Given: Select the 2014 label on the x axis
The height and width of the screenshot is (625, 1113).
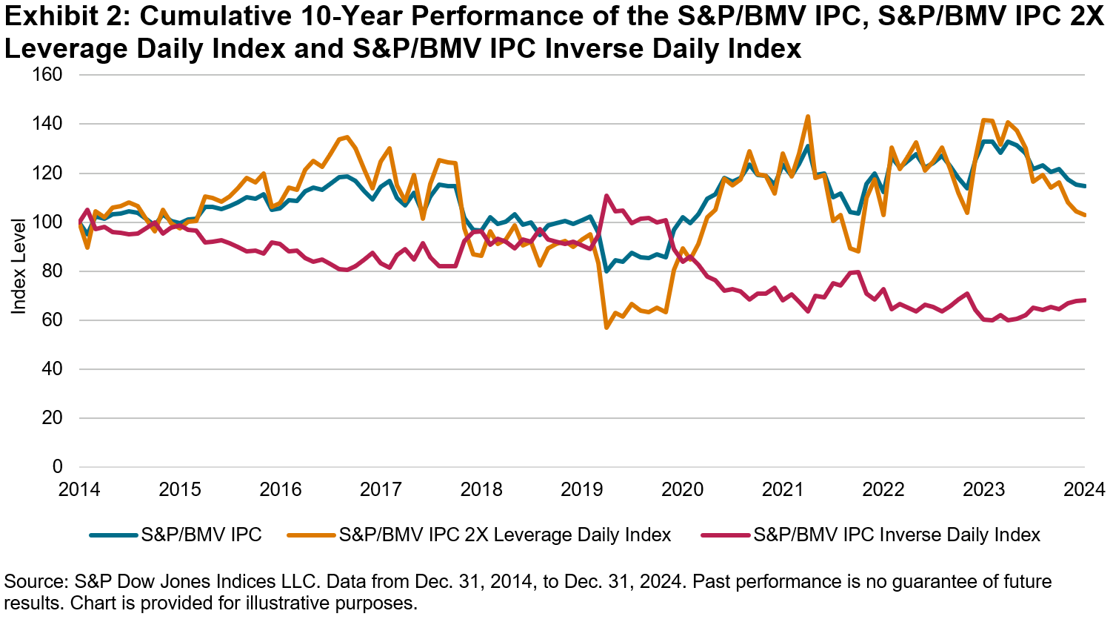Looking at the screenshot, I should tap(80, 490).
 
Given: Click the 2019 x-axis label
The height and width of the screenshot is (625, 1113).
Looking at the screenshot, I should tap(582, 490).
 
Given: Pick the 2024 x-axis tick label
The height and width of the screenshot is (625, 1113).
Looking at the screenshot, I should tap(1084, 490).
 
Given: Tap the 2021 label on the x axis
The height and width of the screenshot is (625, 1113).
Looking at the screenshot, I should tap(783, 490).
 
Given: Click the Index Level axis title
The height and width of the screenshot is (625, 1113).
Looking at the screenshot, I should tap(19, 265).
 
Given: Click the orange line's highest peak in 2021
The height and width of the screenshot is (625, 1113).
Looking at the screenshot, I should tap(808, 116).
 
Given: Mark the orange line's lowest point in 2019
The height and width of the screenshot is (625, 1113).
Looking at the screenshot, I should tap(606, 327).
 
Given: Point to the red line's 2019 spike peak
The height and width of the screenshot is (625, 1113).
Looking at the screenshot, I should tap(606, 196).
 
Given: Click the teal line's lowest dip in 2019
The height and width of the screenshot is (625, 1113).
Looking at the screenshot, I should tap(606, 271).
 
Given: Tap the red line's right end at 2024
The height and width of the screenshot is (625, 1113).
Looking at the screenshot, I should tap(1084, 300).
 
